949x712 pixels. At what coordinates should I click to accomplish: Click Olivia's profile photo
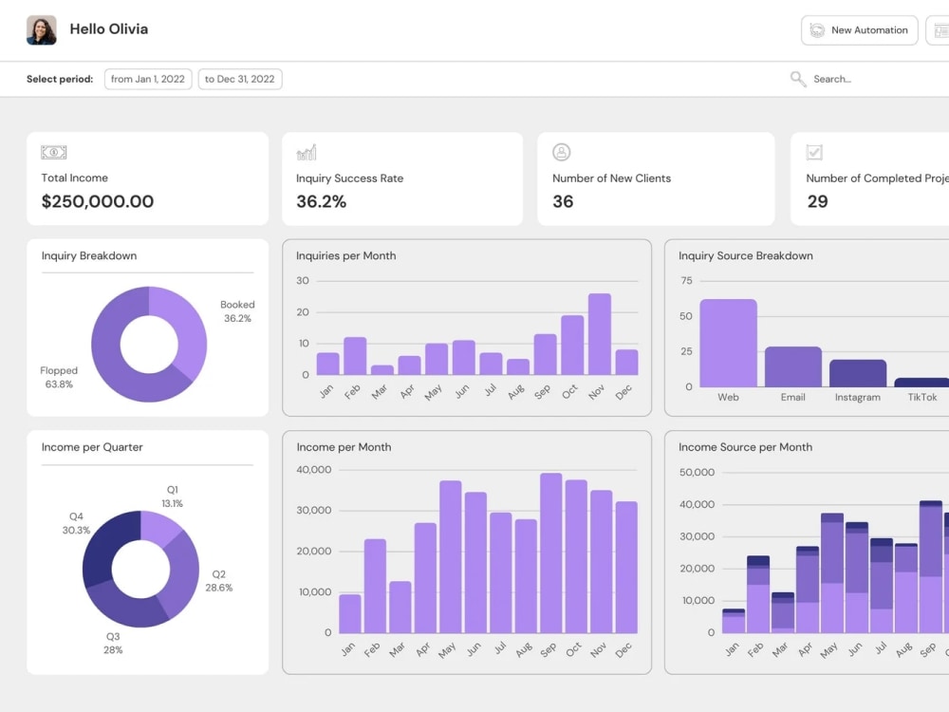(41, 29)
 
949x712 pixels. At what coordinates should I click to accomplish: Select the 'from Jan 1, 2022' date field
(148, 79)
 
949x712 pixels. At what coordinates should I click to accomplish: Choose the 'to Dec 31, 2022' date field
(240, 79)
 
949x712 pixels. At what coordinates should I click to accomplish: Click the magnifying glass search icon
(798, 79)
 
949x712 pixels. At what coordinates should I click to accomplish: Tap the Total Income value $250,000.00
(98, 201)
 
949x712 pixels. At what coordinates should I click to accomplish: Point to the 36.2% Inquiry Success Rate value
(322, 201)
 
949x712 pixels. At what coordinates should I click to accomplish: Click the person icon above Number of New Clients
(561, 152)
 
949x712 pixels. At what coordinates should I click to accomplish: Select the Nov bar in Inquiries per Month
(599, 334)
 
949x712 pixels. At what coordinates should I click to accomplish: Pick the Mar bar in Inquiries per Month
(381, 370)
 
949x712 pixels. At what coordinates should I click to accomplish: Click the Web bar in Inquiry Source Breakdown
(728, 343)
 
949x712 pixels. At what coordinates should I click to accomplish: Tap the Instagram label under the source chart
(858, 397)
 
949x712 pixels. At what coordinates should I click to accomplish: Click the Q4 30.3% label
(76, 523)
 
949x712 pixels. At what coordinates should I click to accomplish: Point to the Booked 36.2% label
(237, 311)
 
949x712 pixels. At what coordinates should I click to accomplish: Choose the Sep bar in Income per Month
(550, 553)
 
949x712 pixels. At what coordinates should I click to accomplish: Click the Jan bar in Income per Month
(350, 614)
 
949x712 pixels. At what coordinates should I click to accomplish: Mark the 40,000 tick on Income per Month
(313, 470)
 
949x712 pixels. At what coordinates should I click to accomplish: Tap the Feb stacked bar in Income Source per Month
(757, 594)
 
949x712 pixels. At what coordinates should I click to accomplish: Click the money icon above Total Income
(54, 152)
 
